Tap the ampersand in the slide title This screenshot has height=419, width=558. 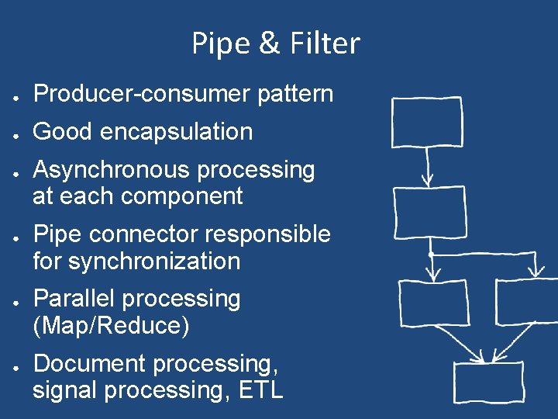click(x=270, y=43)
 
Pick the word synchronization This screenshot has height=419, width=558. click(x=154, y=261)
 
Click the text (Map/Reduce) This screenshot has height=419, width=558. click(x=111, y=326)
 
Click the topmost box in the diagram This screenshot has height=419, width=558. click(x=426, y=122)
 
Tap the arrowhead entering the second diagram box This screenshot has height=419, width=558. click(x=427, y=180)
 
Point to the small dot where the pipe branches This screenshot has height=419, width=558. click(x=430, y=254)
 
